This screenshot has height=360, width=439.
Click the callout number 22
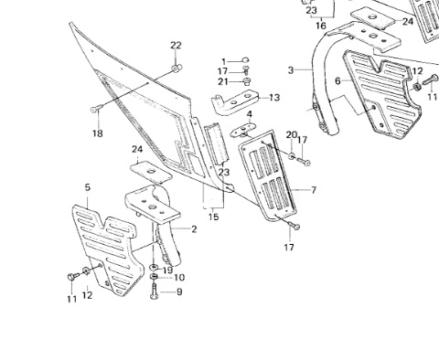click(176, 46)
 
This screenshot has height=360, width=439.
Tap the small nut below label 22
click(177, 69)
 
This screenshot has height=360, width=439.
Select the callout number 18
click(98, 133)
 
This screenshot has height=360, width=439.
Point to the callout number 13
click(274, 98)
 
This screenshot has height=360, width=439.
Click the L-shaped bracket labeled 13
click(235, 102)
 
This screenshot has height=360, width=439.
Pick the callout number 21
click(223, 81)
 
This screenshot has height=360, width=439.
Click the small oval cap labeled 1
click(245, 60)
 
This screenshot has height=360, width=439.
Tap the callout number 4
click(250, 114)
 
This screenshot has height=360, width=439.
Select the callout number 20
click(292, 134)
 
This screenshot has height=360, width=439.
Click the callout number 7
click(314, 190)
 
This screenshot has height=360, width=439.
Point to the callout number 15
click(214, 217)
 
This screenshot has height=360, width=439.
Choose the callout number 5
click(88, 187)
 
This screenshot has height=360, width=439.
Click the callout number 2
click(194, 229)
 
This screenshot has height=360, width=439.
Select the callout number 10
click(179, 278)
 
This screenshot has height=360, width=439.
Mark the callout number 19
click(167, 270)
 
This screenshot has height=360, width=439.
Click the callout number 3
click(291, 70)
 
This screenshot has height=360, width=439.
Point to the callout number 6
click(337, 81)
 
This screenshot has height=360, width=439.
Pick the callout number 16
click(321, 26)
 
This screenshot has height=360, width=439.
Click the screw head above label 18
click(94, 109)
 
